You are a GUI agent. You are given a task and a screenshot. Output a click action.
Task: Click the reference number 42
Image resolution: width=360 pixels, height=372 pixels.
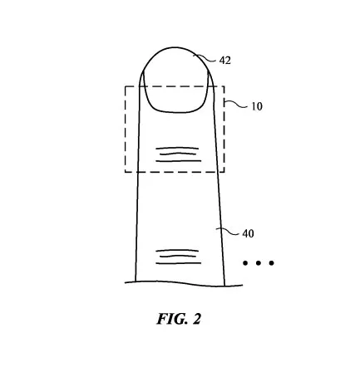[x=224, y=61]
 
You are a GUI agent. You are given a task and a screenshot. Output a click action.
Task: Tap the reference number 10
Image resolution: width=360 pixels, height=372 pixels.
[x=257, y=106]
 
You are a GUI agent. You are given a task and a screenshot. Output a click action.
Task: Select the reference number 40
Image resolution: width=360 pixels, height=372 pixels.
[x=248, y=233]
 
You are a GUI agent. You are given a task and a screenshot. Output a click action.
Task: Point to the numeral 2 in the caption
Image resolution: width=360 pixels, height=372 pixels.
[x=196, y=319]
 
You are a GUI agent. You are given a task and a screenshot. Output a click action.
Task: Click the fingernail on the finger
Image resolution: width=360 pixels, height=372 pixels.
[x=175, y=91]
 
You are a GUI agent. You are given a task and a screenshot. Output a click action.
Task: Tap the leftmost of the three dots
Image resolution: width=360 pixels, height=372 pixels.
[x=245, y=263]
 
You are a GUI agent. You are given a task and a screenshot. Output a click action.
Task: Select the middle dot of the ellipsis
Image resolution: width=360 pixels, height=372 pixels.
[x=259, y=263]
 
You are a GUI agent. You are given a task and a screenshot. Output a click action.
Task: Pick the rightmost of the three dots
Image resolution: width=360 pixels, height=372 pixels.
[x=271, y=263]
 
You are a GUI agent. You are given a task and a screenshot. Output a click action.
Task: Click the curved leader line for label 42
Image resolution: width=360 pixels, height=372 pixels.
[x=205, y=58]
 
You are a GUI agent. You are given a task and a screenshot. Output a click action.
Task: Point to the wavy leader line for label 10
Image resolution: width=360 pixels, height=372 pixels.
[x=235, y=104]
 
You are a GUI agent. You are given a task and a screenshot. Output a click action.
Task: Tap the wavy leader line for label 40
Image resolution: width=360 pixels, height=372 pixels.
[x=227, y=231]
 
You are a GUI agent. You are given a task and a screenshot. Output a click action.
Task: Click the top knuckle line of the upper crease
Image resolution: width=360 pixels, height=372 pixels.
[x=177, y=149]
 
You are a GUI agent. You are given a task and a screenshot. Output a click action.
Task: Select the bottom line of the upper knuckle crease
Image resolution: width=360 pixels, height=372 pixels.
[x=179, y=161]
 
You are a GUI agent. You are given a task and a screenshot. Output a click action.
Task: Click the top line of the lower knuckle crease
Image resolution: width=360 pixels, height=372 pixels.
[x=177, y=251]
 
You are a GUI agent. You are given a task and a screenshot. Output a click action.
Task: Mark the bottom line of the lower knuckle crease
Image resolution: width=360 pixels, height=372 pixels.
[x=179, y=263]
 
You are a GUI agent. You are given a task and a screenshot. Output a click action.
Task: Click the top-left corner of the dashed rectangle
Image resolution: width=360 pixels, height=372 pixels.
[x=126, y=86]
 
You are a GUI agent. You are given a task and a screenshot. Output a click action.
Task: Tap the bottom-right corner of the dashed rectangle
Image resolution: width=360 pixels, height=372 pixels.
[x=224, y=172]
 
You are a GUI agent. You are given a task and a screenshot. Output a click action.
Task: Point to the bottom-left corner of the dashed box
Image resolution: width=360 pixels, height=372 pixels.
[x=126, y=172]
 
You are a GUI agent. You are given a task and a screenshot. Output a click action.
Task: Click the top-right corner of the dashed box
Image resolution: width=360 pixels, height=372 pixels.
[x=224, y=86]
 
